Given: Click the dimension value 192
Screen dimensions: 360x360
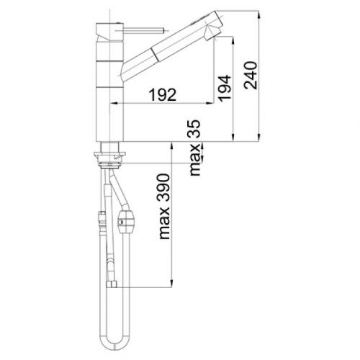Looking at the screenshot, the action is pyautogui.click(x=163, y=94).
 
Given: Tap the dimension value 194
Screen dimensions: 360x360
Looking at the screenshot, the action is pyautogui.click(x=225, y=88).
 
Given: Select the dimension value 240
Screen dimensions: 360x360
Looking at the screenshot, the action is pyautogui.click(x=250, y=75).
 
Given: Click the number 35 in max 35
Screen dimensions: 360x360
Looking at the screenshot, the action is pyautogui.click(x=194, y=129).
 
